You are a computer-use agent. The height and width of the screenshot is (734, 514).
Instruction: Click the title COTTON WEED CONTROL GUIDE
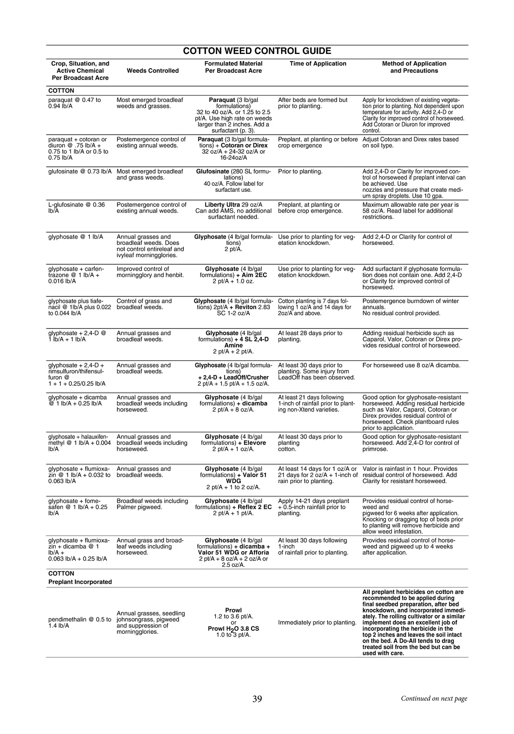257,51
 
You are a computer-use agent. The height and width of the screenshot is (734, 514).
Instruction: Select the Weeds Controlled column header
153,71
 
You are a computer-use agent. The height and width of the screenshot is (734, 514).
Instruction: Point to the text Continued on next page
434,698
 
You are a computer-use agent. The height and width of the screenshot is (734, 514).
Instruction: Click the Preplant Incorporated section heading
80,582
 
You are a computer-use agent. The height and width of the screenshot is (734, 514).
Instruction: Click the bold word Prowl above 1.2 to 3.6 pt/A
233,610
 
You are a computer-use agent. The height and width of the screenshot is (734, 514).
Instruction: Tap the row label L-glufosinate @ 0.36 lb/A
77,208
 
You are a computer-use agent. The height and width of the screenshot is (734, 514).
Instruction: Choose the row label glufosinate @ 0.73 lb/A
80,172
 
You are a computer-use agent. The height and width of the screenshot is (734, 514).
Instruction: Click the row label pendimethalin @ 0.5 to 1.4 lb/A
80,623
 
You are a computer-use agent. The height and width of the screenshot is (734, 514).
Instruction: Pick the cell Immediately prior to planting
317,623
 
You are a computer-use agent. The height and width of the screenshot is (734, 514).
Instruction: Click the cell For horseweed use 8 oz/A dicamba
412,365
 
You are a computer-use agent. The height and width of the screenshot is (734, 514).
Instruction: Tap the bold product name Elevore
255,443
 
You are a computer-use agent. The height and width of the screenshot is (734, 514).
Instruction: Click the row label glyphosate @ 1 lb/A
76,237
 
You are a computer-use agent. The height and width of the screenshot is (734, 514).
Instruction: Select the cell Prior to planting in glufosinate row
300,172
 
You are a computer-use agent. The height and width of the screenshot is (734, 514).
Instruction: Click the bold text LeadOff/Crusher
246,377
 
